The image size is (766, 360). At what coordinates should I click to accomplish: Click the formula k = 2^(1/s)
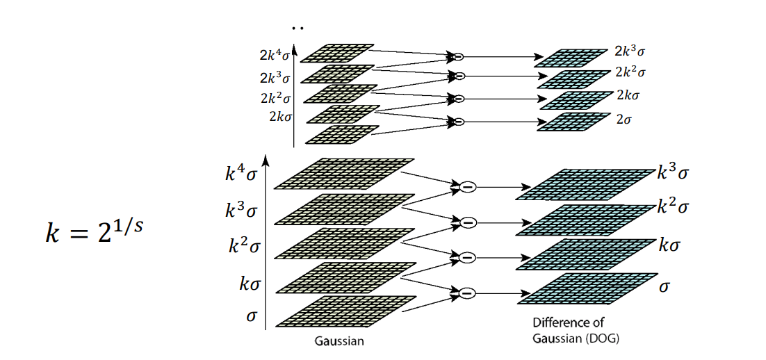[95, 232]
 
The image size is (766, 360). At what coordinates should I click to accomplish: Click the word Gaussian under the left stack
[339, 341]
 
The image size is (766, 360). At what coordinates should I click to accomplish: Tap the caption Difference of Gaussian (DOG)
[576, 331]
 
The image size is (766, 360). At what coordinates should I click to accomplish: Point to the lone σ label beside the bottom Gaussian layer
[251, 316]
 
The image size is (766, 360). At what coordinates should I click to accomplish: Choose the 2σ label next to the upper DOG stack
[624, 120]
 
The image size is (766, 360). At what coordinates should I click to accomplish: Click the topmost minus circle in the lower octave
[468, 187]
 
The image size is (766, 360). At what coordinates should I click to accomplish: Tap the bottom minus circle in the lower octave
[468, 293]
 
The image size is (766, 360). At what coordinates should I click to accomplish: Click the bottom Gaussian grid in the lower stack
[345, 311]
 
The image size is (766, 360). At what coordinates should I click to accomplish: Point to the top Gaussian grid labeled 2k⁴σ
[337, 53]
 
